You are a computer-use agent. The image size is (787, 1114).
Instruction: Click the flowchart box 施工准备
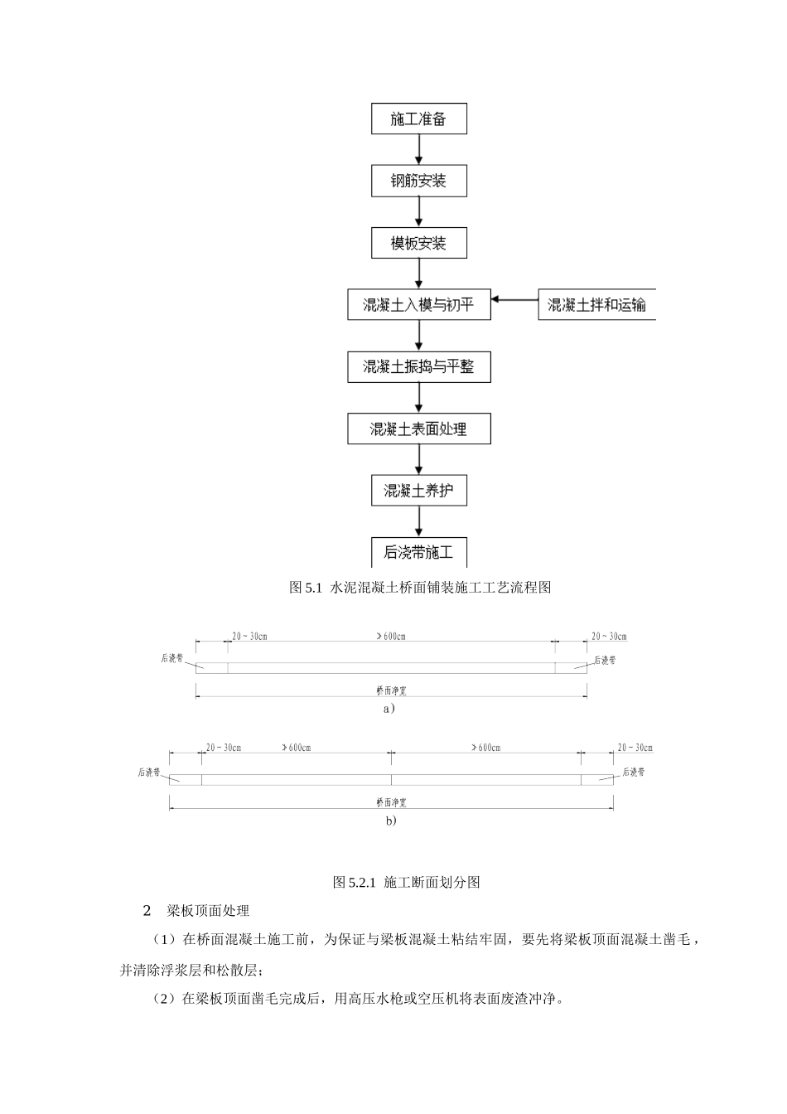click(x=418, y=119)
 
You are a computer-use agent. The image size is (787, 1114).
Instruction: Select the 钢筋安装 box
click(x=418, y=181)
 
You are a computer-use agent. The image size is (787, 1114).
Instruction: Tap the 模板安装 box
click(x=418, y=243)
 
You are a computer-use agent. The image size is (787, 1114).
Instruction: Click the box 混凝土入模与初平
click(x=418, y=304)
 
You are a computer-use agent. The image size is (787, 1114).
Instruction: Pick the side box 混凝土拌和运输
click(x=596, y=304)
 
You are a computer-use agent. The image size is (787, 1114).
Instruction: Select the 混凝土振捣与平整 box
click(x=418, y=366)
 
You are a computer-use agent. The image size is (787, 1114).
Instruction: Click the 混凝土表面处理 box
click(x=418, y=429)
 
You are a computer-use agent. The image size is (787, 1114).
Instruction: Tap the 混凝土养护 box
click(x=418, y=491)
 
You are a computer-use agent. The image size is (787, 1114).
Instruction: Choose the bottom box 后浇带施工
click(x=418, y=552)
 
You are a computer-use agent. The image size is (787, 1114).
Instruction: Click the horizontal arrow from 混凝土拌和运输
click(x=514, y=299)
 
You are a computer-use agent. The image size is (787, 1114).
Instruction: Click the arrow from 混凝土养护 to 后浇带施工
click(x=419, y=521)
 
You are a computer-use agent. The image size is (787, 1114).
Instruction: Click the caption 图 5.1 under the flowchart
click(x=420, y=588)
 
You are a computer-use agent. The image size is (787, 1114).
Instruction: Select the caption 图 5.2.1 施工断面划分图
click(x=406, y=882)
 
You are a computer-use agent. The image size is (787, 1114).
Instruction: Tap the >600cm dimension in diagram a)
click(x=391, y=637)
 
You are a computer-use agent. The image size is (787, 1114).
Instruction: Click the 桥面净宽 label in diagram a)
click(x=391, y=689)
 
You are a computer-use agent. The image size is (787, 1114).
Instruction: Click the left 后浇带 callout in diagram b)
click(x=149, y=773)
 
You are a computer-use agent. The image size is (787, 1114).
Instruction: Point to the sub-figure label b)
click(x=391, y=821)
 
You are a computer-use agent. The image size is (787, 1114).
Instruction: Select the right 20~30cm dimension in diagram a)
click(x=609, y=637)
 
